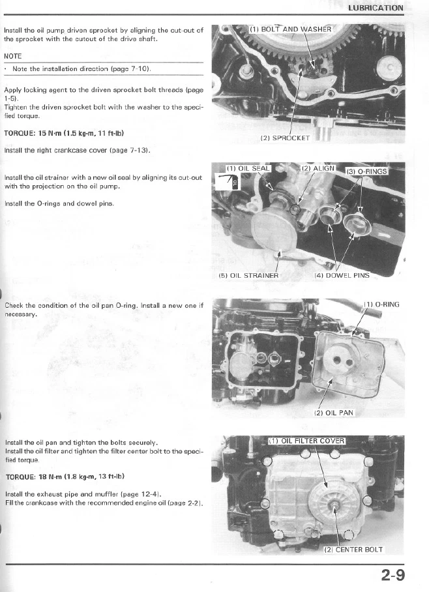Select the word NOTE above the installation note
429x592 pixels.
(x=13, y=55)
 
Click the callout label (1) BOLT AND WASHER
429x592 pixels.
(x=291, y=29)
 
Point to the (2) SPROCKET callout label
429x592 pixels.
(x=286, y=138)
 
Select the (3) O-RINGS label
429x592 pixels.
(x=366, y=171)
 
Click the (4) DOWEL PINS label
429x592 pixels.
(x=341, y=275)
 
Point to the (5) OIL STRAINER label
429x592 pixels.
(x=248, y=275)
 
